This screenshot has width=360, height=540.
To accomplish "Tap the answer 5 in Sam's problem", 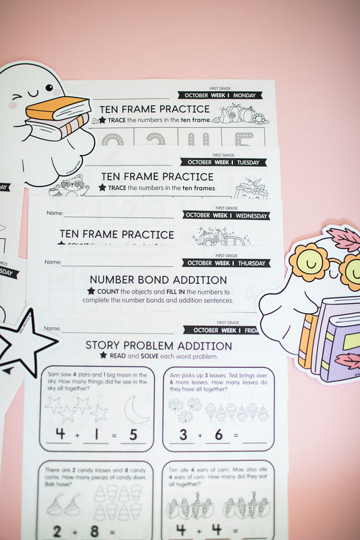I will click(132, 434).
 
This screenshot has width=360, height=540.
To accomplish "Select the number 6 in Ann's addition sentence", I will click(218, 435).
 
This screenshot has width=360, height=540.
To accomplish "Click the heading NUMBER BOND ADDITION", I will click(158, 279).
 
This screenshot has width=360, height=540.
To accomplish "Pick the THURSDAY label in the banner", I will click(251, 263).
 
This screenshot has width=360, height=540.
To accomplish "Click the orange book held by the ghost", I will click(58, 109).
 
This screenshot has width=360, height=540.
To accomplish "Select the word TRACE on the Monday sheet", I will click(122, 120).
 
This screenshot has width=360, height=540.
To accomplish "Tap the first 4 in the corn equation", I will click(181, 530).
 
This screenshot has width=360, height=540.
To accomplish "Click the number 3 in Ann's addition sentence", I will click(183, 435).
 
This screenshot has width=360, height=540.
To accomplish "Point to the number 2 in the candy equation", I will click(56, 530).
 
